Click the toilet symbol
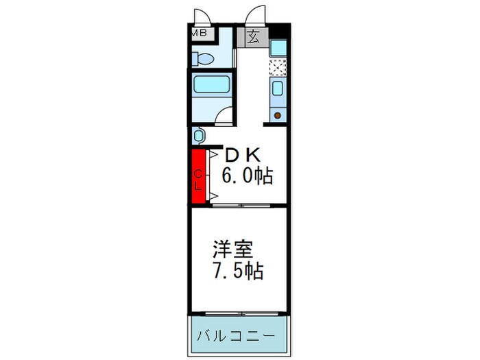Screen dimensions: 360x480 [204, 58]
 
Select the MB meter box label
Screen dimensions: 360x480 [200, 32]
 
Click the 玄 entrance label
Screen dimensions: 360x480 [253, 36]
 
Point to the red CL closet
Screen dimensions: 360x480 [198, 177]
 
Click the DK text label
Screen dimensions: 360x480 [243, 156]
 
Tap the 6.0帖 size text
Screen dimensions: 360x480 [246, 177]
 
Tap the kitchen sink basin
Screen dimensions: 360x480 [278, 88]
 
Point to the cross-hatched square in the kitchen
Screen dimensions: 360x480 [278, 67]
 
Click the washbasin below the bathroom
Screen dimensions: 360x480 [199, 136]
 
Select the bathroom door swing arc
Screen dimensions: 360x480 [224, 115]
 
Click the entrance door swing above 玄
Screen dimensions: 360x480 [256, 15]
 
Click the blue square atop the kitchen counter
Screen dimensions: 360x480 [278, 48]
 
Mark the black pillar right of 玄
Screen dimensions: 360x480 [279, 31]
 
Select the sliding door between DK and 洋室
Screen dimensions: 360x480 [240, 205]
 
